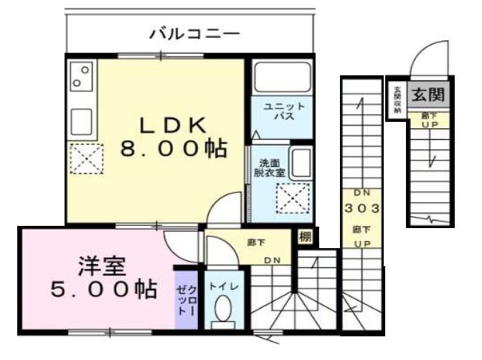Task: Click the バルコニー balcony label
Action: pos(194,34)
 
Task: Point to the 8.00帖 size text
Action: pos(172,149)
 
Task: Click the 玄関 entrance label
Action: pos(429,93)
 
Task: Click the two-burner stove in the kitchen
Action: pos(81,77)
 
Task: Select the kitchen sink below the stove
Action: pos(81,121)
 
